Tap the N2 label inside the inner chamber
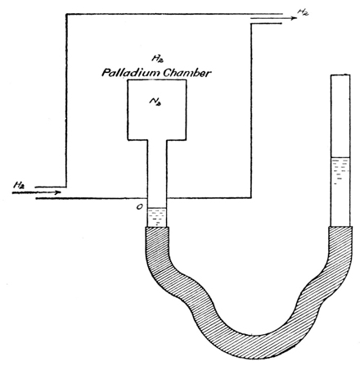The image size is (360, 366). pos(155,102)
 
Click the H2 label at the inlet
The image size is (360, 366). pos(19,186)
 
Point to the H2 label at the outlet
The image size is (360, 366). pos(303,11)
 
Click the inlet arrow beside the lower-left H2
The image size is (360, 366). pos(36,192)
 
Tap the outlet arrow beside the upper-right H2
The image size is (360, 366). pos(273,18)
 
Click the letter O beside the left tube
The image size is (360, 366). pos(139,207)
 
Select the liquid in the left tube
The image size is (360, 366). pos(157,218)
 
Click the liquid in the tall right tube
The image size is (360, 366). pos(340,192)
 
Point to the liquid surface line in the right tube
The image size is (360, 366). pos(340,157)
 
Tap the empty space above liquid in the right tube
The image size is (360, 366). pos(340,116)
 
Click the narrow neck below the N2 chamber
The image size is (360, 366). pos(157,174)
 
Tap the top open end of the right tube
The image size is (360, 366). pos(340,75)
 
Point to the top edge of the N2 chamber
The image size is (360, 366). pos(157,80)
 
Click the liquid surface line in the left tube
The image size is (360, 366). pos(157,209)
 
